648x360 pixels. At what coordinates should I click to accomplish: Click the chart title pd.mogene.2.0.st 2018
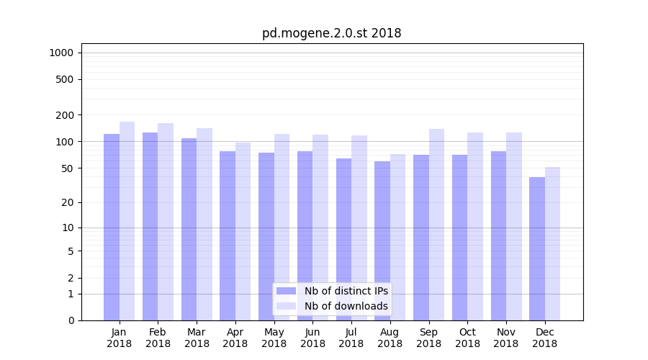[x=331, y=33]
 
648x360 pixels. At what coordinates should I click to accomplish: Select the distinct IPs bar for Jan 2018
[x=112, y=227]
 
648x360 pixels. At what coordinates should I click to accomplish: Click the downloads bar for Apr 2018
[x=243, y=231]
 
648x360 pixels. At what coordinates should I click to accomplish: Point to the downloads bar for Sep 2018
[x=436, y=225]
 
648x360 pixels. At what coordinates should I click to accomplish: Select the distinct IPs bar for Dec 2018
[x=537, y=248]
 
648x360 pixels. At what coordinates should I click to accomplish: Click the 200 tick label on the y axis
[x=65, y=115]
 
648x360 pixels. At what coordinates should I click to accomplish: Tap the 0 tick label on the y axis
[x=71, y=320]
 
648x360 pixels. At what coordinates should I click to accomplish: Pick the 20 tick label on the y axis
[x=68, y=202]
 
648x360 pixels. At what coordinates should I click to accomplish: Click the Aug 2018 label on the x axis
[x=390, y=338]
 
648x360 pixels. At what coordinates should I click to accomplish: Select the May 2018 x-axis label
[x=274, y=338]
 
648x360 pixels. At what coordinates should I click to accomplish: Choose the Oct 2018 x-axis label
[x=467, y=338]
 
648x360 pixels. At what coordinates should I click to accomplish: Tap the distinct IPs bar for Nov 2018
[x=498, y=235]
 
